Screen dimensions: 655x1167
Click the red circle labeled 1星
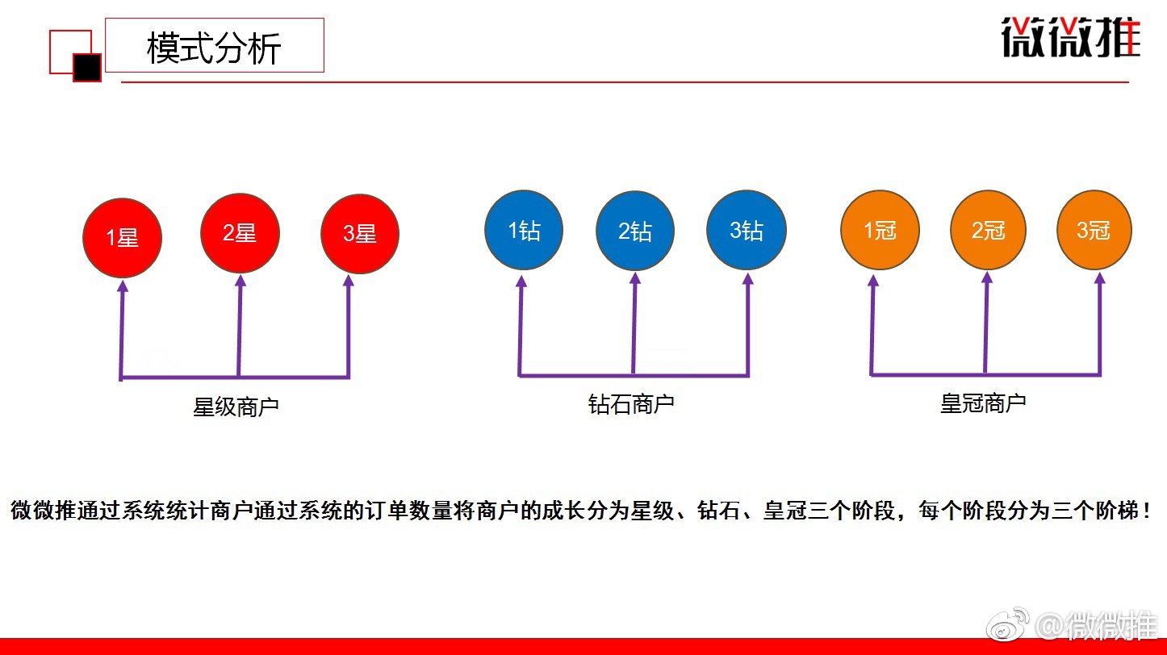tap(123, 236)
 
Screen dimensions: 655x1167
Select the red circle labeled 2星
tap(240, 233)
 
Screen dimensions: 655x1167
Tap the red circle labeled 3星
tap(360, 233)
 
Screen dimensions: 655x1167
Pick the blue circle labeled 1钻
tap(524, 231)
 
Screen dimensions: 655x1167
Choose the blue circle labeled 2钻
tap(635, 232)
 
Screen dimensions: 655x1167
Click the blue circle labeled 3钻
tap(747, 230)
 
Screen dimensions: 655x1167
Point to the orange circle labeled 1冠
tap(880, 230)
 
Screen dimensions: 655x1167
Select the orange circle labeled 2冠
tap(989, 230)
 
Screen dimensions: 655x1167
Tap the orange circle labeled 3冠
tap(1094, 230)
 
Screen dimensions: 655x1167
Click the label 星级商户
tap(236, 407)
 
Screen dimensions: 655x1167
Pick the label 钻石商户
tap(631, 403)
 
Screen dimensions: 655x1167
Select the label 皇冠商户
tap(983, 403)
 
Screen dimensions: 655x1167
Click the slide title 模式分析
tap(214, 48)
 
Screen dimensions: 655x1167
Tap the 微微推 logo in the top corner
tap(1070, 37)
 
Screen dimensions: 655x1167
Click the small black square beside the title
tap(87, 68)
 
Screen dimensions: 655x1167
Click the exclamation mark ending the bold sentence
tap(1147, 511)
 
